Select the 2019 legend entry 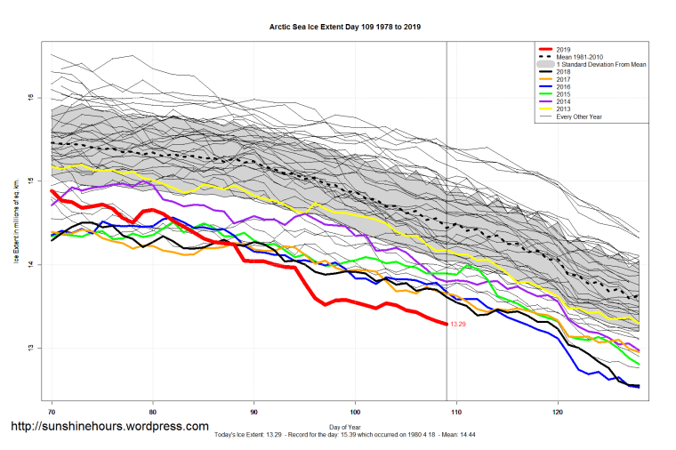tap(559, 48)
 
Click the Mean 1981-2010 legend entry tap(579, 57)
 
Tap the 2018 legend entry tap(559, 74)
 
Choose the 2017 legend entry tap(559, 82)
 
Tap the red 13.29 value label tap(459, 325)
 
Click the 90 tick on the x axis tap(254, 412)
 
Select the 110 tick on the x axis tap(456, 412)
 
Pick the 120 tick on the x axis tap(558, 412)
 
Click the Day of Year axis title tap(345, 428)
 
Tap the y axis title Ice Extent tap(15, 217)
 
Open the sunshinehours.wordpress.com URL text tap(109, 427)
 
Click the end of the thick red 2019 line tap(446, 324)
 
